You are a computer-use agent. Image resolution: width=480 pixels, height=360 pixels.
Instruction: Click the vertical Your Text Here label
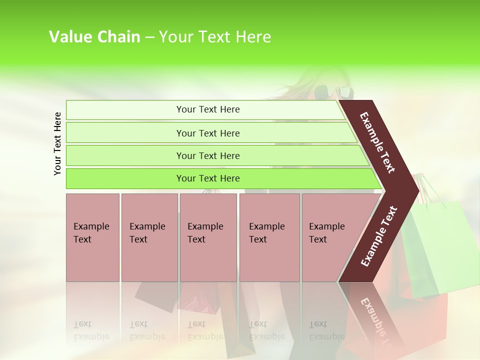pyautogui.click(x=57, y=143)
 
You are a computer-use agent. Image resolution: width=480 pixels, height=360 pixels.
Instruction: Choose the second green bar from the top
pyautogui.click(x=207, y=133)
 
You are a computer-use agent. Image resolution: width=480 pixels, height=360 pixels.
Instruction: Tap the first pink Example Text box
pyautogui.click(x=92, y=237)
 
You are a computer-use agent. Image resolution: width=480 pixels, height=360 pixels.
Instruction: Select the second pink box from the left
pyautogui.click(x=149, y=237)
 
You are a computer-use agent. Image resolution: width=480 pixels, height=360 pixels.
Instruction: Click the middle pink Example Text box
pyautogui.click(x=208, y=237)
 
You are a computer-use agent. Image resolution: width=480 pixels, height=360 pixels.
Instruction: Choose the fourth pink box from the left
pyautogui.click(x=269, y=237)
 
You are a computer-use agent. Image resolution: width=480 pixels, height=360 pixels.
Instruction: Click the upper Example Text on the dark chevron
pyautogui.click(x=377, y=142)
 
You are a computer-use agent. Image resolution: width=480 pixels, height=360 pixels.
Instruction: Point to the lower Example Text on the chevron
pyautogui.click(x=378, y=236)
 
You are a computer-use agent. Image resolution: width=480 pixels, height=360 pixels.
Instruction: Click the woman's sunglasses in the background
pyautogui.click(x=333, y=92)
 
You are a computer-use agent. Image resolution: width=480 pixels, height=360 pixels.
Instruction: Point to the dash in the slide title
pyautogui.click(x=149, y=37)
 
